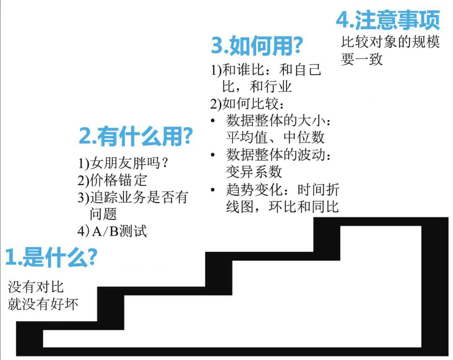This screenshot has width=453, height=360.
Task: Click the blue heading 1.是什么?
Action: pyautogui.click(x=50, y=257)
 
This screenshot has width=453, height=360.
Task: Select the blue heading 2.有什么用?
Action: pyautogui.click(x=136, y=137)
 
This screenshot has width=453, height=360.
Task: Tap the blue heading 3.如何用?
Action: pyautogui.click(x=256, y=46)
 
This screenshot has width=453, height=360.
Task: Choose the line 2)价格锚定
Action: pyautogui.click(x=112, y=180)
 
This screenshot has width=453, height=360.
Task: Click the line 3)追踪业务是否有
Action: pyautogui.click(x=133, y=197)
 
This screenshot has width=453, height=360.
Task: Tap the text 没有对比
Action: pyautogui.click(x=36, y=287)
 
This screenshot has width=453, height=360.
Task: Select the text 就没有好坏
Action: pyautogui.click(x=43, y=304)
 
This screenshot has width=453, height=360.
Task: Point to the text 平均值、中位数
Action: pyautogui.click(x=275, y=137)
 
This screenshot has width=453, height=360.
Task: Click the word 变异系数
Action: pyautogui.click(x=254, y=171)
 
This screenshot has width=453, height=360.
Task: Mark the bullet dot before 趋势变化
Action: pyautogui.click(x=213, y=190)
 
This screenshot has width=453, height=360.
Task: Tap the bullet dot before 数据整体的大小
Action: pyautogui.click(x=213, y=122)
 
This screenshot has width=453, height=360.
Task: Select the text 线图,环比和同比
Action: pyautogui.click(x=282, y=207)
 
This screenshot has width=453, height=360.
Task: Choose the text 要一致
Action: pyautogui.click(x=362, y=59)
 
